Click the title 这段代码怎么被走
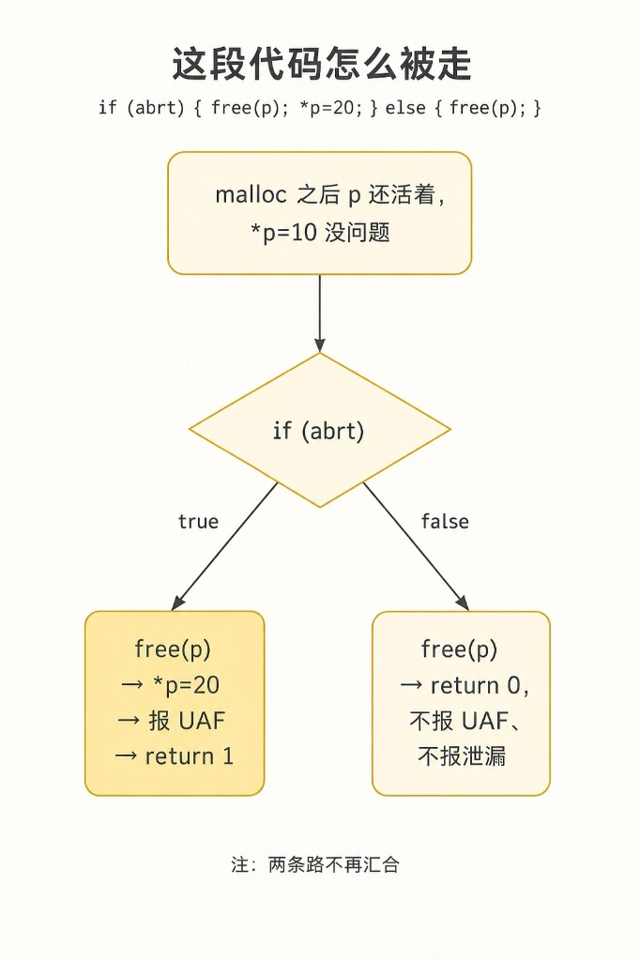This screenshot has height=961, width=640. coord(321,64)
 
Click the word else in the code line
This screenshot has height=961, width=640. coord(405,108)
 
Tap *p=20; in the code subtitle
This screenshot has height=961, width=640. coord(330,108)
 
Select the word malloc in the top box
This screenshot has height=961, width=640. coord(251,194)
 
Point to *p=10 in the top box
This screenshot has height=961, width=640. coord(283,233)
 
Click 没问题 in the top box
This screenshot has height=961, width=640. coord(358,233)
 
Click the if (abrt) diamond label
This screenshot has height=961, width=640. coord(319,431)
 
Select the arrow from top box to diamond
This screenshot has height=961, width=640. coord(319,313)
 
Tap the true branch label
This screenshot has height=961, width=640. coord(198,522)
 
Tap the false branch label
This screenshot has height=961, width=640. coord(445,522)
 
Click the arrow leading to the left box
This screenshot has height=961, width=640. coord(225,546)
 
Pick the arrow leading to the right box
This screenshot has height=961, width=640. coord(417,546)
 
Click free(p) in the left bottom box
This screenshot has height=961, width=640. coord(173,649)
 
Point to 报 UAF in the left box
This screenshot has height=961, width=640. coord(187,721)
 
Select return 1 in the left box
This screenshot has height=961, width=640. coord(190,756)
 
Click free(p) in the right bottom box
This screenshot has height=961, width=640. coord(459,649)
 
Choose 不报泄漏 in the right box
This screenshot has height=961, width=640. coord(462,756)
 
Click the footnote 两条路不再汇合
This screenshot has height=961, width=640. coord(334,864)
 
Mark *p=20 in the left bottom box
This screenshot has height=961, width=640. coord(187,685)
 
